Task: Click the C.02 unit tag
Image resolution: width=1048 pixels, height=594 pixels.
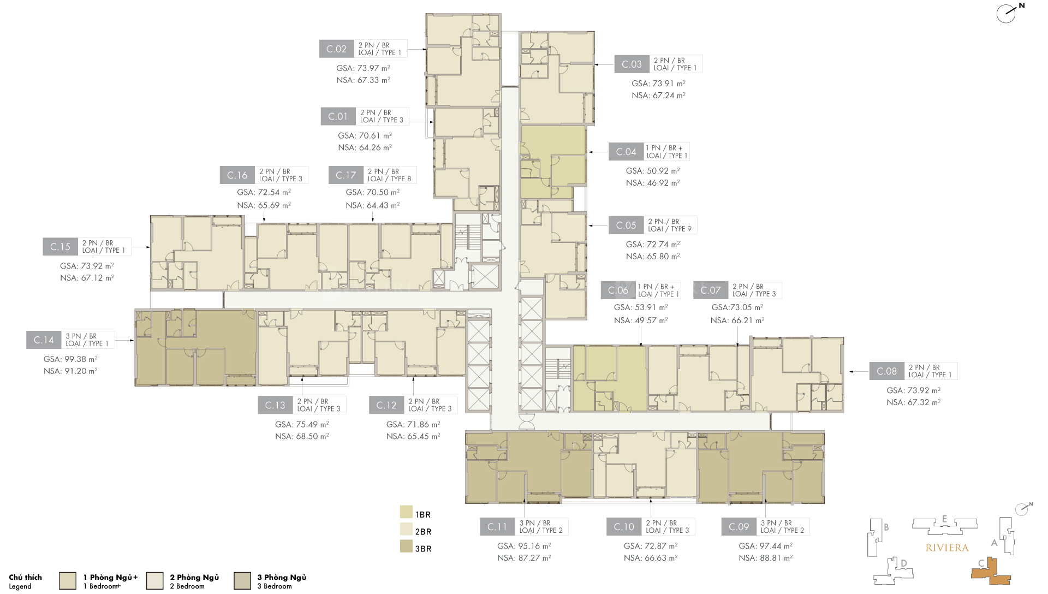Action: pos(336,49)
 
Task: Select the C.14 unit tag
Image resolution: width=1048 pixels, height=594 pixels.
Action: pos(44,340)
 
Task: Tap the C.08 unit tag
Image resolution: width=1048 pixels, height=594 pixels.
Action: pos(886,371)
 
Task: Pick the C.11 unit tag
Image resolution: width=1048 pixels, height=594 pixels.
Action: pos(497,527)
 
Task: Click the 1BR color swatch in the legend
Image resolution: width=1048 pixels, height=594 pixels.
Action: pos(406,512)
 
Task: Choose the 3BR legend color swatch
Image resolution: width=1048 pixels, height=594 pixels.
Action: pos(406,547)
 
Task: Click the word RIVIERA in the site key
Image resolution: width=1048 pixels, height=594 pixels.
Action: pos(947,548)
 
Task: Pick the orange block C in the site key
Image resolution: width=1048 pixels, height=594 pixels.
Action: pos(991,572)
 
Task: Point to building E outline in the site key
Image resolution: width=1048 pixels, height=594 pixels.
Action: pos(944,525)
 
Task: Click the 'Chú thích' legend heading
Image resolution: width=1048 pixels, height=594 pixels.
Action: pos(25,577)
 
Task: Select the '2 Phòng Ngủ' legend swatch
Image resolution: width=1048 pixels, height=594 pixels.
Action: pos(155,581)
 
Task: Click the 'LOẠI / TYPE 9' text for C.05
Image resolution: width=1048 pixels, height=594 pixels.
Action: pos(670,229)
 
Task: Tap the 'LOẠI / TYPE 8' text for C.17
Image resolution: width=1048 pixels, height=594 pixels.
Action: pos(389,179)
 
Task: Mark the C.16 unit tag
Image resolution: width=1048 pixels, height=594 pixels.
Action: pos(237,175)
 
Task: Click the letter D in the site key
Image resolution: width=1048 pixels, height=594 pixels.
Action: pos(904,563)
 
